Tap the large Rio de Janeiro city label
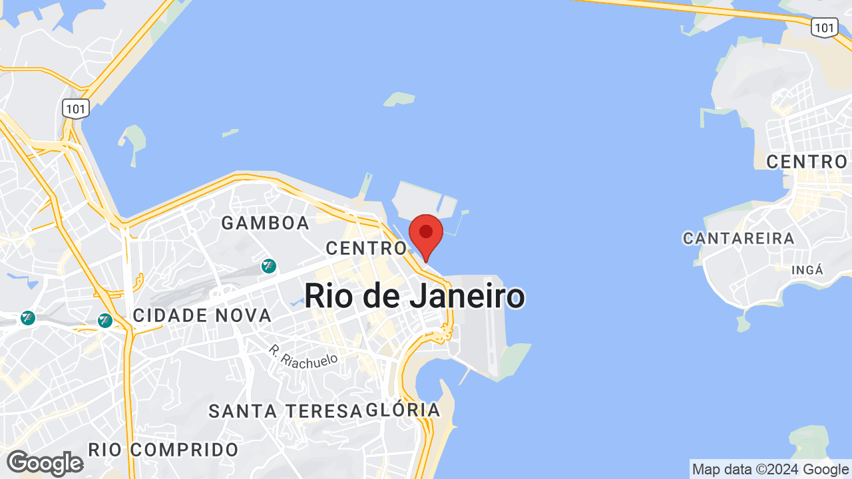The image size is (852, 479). click(415, 296)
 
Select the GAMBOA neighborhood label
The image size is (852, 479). click(266, 223)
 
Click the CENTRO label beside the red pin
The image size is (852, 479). click(365, 248)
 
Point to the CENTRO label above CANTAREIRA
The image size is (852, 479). click(807, 162)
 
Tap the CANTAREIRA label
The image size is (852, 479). click(739, 238)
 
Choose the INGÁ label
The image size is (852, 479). click(807, 269)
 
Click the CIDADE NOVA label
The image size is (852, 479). click(202, 315)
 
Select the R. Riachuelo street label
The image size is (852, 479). click(304, 355)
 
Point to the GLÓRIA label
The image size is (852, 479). click(403, 410)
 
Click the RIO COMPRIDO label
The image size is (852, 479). click(164, 450)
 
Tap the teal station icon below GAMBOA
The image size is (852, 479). click(269, 266)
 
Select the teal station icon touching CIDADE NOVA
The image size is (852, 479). click(105, 321)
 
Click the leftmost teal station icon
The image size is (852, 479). click(27, 318)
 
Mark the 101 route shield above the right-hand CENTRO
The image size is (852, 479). click(824, 27)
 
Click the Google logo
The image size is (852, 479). click(45, 463)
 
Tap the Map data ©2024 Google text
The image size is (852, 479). click(769, 470)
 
